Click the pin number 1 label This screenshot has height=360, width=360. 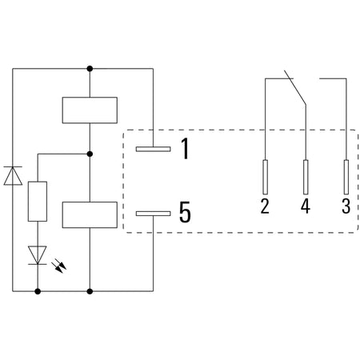point(186,149)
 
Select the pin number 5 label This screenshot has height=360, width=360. point(185,212)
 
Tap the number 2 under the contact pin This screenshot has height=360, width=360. point(265,206)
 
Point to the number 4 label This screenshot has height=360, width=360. point(306,206)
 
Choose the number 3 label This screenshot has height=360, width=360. point(346,206)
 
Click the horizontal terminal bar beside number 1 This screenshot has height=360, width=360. point(154,149)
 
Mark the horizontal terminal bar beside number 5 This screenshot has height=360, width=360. point(154,214)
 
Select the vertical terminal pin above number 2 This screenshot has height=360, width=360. point(265,177)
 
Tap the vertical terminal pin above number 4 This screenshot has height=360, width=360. point(306,177)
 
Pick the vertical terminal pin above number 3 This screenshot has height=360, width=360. point(346,177)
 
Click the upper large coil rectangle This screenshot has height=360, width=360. point(90,110)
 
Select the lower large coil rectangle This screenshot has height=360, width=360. point(90,215)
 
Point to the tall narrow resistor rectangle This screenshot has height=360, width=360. point(38,202)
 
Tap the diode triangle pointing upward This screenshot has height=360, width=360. point(13,176)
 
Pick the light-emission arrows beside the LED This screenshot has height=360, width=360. point(61,266)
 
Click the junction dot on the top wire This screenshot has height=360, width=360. point(90,69)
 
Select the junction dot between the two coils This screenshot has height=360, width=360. point(90,154)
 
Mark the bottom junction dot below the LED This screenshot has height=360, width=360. point(38,291)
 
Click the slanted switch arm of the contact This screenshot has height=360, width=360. point(295,87)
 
